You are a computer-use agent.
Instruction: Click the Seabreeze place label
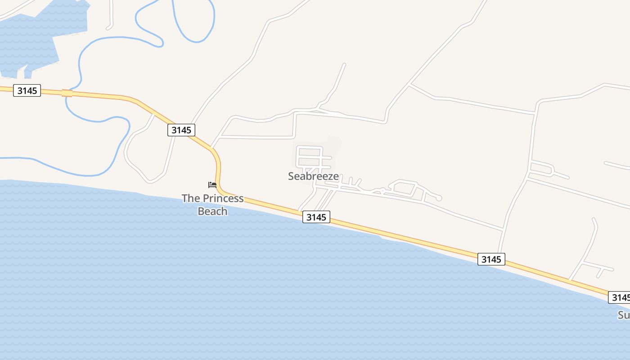click(313, 176)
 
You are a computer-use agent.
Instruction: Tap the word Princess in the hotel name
click(223, 198)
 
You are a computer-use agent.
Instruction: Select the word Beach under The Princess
click(212, 211)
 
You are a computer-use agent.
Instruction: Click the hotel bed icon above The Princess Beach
click(212, 185)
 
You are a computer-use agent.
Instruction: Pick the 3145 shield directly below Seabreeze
click(316, 217)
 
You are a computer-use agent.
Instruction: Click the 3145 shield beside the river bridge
click(27, 90)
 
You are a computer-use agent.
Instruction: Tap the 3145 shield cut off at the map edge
click(620, 297)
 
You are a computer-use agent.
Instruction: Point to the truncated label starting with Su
click(623, 315)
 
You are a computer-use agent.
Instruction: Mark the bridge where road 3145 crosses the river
click(67, 93)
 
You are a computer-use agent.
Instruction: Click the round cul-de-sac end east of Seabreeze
click(439, 198)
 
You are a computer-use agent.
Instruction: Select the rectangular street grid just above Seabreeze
click(310, 157)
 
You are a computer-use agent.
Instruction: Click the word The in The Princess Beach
click(191, 198)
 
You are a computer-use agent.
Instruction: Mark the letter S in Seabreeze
click(291, 176)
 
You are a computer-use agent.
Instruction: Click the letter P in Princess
click(206, 198)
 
